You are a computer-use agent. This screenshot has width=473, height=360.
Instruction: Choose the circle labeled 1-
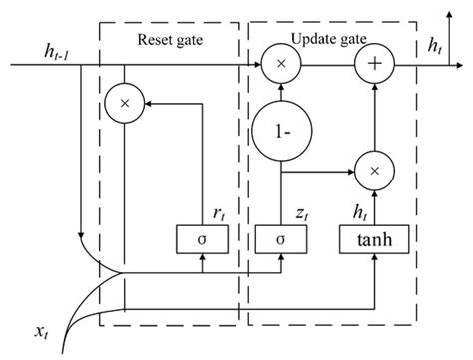click(x=283, y=131)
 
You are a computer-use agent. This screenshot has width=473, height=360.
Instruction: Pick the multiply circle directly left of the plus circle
click(x=283, y=66)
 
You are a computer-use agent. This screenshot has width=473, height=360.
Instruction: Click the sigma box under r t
click(x=202, y=239)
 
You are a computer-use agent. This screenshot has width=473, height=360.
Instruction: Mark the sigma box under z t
click(x=283, y=239)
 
